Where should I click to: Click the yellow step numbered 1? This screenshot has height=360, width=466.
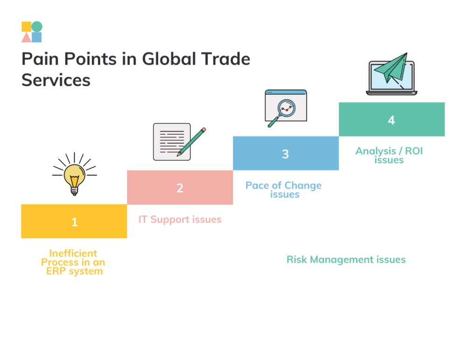pyautogui.click(x=74, y=221)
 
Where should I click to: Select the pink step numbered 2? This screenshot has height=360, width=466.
pyautogui.click(x=180, y=187)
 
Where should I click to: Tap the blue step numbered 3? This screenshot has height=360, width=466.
pyautogui.click(x=286, y=153)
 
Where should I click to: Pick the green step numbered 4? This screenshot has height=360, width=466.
pyautogui.click(x=391, y=119)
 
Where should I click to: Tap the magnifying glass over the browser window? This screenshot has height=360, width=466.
pyautogui.click(x=285, y=110)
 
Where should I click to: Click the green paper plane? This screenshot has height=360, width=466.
pyautogui.click(x=392, y=69)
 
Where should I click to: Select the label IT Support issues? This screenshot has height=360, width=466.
pyautogui.click(x=180, y=219)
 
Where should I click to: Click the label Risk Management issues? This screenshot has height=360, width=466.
pyautogui.click(x=346, y=259)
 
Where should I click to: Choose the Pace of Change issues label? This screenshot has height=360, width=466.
pyautogui.click(x=284, y=190)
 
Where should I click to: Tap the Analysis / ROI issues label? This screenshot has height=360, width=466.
pyautogui.click(x=389, y=155)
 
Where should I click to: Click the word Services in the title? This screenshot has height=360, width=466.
pyautogui.click(x=56, y=80)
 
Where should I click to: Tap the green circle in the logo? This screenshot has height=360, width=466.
pyautogui.click(x=37, y=27)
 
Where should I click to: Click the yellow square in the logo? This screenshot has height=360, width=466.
pyautogui.click(x=27, y=27)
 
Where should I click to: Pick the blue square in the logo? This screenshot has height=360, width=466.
pyautogui.click(x=37, y=37)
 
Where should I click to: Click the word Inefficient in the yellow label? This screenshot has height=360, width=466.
pyautogui.click(x=73, y=253)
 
